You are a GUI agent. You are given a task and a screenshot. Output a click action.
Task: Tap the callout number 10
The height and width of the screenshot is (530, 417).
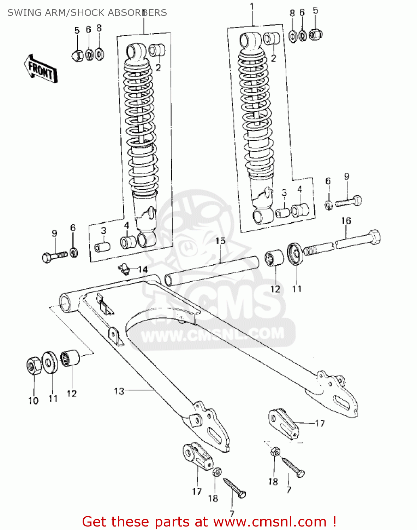33,401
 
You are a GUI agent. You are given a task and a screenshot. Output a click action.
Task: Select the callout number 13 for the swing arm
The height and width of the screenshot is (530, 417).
119,391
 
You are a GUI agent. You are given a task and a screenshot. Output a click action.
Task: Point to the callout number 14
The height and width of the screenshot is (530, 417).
143,270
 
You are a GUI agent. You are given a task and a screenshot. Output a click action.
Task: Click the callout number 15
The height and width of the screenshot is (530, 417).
220,241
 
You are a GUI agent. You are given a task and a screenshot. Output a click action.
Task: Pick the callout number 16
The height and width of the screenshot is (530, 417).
346,221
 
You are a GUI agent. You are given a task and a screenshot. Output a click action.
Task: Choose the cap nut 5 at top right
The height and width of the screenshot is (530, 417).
316,35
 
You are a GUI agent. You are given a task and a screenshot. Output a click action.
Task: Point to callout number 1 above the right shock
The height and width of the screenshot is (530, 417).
252,7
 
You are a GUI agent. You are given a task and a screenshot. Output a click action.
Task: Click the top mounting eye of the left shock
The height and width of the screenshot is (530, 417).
136,51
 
